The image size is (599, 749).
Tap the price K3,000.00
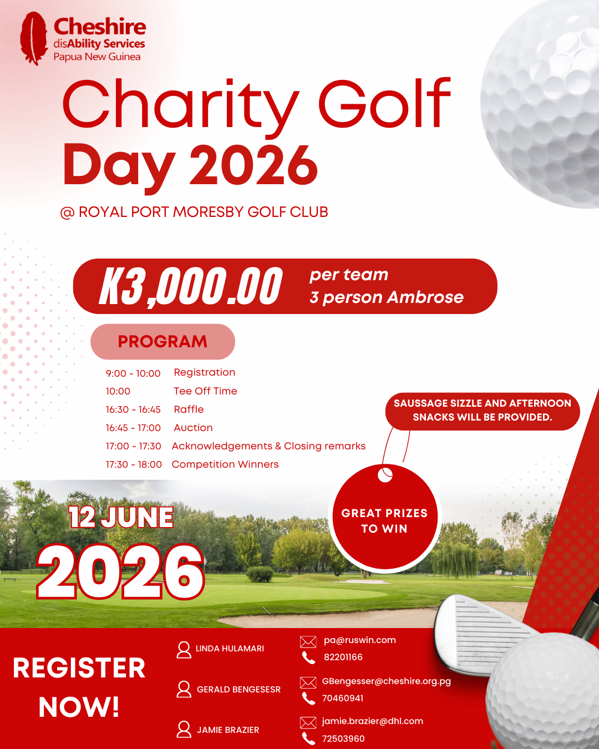pos(191,286)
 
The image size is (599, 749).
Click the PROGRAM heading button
pos(163,341)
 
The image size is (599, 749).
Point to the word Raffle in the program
pos(189,409)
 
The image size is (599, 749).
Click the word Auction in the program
pos(193,428)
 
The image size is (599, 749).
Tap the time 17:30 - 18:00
pos(134,464)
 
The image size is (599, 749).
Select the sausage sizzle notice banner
pos(482,411)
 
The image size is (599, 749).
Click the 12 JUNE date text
pos(121,518)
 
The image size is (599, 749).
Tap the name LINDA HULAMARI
pos(230,649)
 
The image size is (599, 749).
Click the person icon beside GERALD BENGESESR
pos(184,689)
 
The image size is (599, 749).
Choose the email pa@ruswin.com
pos(359,640)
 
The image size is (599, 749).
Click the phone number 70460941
pos(343,699)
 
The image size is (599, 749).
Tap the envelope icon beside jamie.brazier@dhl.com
pos(308,722)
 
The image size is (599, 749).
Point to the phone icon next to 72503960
pos(308,738)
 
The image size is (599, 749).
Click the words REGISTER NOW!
pos(79,687)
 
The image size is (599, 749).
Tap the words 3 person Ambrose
pos(387,297)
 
